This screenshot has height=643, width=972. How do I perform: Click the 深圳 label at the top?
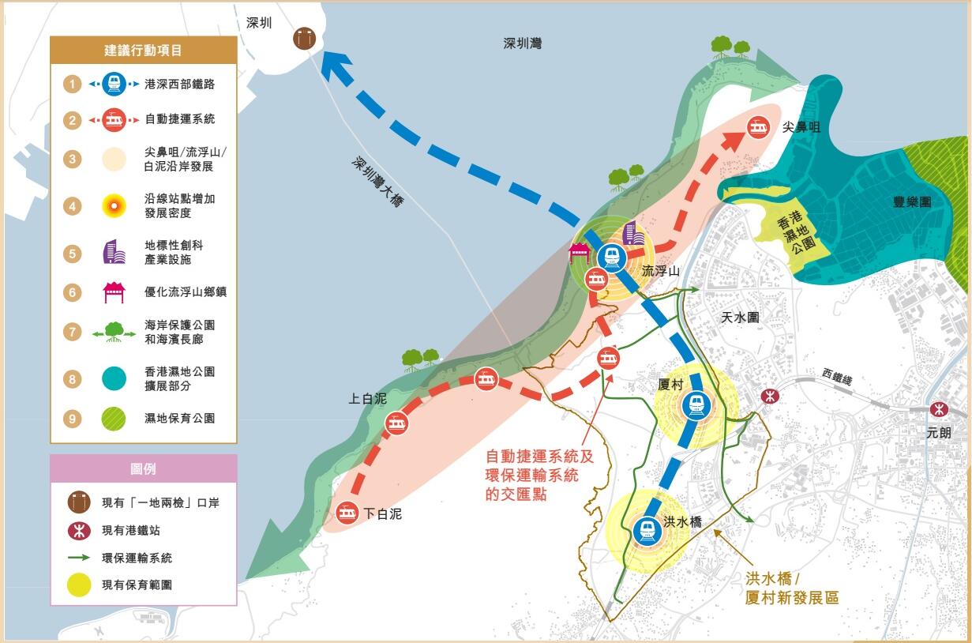(x=259, y=23)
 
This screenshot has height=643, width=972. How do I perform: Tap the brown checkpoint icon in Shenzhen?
(x=303, y=38)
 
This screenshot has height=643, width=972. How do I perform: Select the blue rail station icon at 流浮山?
(x=610, y=257)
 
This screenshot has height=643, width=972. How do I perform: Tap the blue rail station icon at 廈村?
(x=696, y=404)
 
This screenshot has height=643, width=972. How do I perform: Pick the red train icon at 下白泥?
(x=346, y=513)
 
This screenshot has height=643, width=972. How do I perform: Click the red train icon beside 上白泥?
(x=396, y=423)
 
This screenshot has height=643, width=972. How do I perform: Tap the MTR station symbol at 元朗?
(x=938, y=409)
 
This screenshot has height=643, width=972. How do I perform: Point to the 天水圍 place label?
(x=740, y=317)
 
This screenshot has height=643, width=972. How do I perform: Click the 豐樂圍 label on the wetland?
(x=911, y=201)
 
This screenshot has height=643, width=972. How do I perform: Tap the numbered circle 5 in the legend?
(x=73, y=254)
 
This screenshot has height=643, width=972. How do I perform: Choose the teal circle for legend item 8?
(x=114, y=379)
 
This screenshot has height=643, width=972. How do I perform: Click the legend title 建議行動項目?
(x=143, y=51)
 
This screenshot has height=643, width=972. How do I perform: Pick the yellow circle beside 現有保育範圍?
(x=78, y=585)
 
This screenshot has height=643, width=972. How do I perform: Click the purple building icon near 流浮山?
(x=632, y=234)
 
